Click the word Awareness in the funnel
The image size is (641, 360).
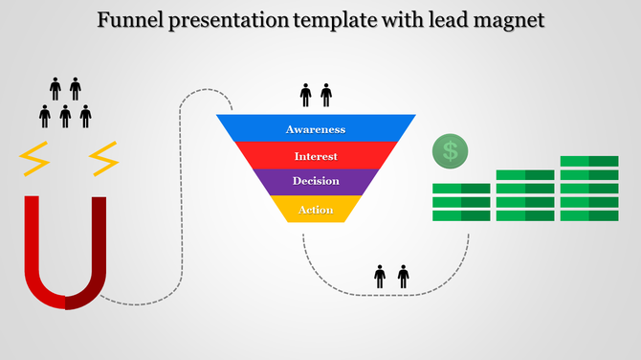click(316, 129)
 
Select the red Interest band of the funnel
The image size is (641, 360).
click(316, 155)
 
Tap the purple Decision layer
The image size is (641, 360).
click(316, 182)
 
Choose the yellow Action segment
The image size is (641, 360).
click(316, 210)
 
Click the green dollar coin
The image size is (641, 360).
click(451, 150)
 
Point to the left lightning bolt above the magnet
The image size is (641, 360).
click(35, 159)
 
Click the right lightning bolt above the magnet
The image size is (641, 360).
click(102, 159)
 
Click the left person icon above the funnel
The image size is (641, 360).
click(306, 95)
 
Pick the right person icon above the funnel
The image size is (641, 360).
click(326, 95)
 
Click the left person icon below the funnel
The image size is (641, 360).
click(380, 278)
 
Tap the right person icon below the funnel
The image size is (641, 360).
click(403, 278)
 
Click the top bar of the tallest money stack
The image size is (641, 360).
click(589, 161)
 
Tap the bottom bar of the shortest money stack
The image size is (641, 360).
click(461, 215)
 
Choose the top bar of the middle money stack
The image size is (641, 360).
click(525, 175)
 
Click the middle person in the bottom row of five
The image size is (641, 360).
click(65, 117)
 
